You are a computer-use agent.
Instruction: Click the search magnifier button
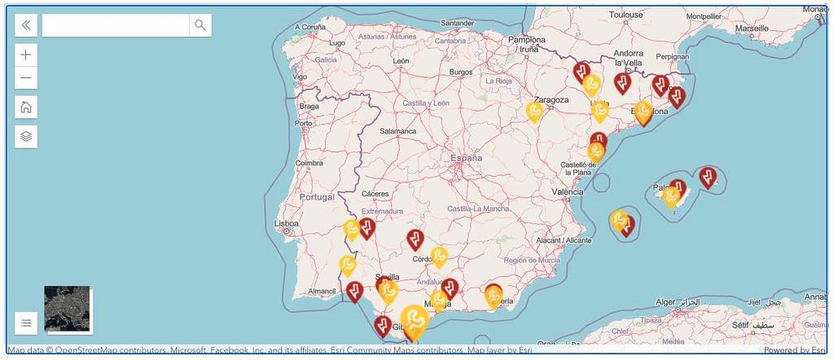pos(200,25)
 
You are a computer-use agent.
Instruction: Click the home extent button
pos(26,107)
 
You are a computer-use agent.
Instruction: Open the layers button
pos(26,136)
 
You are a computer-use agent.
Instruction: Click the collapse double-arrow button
pos(26,25)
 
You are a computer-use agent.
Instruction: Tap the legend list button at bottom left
pos(26,323)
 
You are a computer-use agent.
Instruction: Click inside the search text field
pos(115,25)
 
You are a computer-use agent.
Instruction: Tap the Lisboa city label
pos(287,223)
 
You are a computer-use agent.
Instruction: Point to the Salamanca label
pos(397,130)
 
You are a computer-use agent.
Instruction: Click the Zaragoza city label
pos(551,99)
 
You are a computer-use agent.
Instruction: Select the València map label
pos(568,192)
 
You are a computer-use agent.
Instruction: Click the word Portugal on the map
pos(317,197)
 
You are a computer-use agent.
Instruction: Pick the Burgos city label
pos(460,72)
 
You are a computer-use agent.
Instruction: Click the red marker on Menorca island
pos(708,176)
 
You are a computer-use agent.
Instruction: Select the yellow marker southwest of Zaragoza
pos(534,110)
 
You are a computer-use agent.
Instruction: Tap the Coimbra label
pos(309,162)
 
